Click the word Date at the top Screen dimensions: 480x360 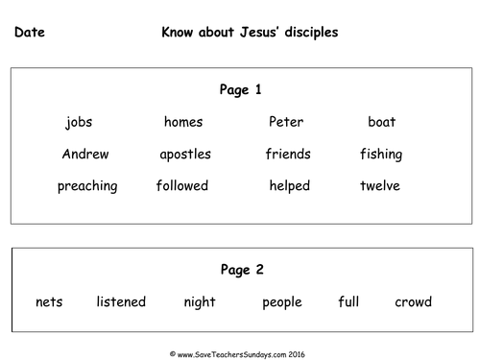click(x=30, y=32)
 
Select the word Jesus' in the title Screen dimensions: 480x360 click(x=259, y=32)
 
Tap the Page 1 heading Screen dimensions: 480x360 click(x=240, y=90)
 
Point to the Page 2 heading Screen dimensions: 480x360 click(x=242, y=270)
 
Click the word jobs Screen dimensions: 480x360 click(x=79, y=122)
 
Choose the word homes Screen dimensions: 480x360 click(x=183, y=122)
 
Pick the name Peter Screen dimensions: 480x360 click(x=286, y=122)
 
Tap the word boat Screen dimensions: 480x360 click(x=382, y=122)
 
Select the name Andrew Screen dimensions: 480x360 click(x=85, y=154)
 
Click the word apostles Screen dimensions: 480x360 click(x=185, y=155)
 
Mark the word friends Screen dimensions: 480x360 click(x=288, y=154)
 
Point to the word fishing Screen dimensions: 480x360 click(x=381, y=155)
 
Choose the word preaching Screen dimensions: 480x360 click(x=87, y=186)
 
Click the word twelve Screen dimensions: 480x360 click(x=380, y=185)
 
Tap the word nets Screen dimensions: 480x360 click(x=49, y=302)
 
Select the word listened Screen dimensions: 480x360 click(x=121, y=301)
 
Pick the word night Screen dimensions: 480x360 click(x=200, y=302)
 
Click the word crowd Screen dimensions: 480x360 click(x=413, y=301)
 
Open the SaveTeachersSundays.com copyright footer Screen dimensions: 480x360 click(x=237, y=354)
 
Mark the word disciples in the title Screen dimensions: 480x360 click(x=311, y=33)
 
